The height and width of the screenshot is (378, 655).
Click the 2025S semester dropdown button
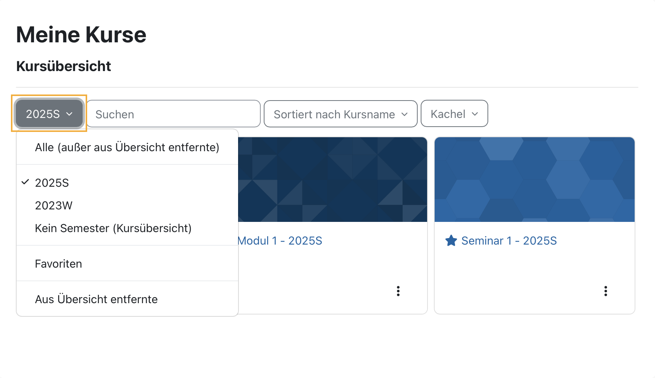(x=49, y=114)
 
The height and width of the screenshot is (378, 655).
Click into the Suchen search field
(x=174, y=114)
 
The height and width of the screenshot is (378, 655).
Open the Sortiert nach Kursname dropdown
(x=340, y=114)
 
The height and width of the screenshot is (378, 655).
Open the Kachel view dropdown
(x=454, y=114)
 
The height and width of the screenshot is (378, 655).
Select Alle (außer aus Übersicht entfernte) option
(x=127, y=147)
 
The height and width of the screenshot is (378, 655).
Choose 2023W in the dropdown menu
(x=54, y=206)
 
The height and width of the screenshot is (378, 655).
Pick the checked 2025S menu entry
(x=52, y=183)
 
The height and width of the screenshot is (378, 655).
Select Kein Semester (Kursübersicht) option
(x=113, y=228)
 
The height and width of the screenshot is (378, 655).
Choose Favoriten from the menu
(x=58, y=264)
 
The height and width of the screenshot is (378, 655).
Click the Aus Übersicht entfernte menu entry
(x=96, y=299)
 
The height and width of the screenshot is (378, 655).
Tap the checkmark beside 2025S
(x=25, y=182)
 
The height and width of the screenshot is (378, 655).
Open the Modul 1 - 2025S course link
(x=280, y=241)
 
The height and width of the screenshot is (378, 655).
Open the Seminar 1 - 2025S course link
(x=509, y=241)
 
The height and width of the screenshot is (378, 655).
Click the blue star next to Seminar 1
(x=451, y=241)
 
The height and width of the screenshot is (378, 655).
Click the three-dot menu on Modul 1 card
(x=398, y=291)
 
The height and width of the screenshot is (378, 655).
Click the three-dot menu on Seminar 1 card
(x=606, y=291)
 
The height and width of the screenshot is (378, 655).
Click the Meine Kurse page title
(x=81, y=35)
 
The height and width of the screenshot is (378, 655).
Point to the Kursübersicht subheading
(x=63, y=66)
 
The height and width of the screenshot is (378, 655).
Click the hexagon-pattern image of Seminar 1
(x=535, y=180)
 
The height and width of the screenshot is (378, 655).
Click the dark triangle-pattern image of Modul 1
(x=332, y=180)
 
